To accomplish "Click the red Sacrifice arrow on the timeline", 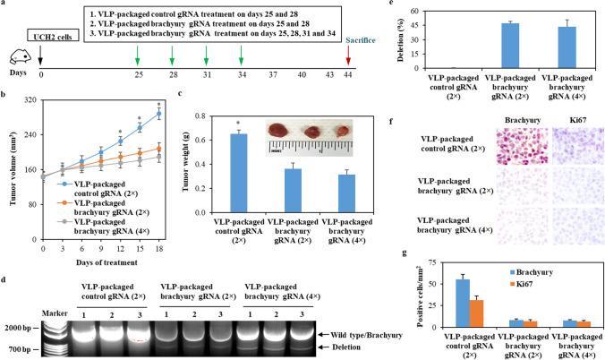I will coord(371,60).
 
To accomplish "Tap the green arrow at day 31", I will coord(207,58).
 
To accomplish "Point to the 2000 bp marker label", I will coord(19,304).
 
